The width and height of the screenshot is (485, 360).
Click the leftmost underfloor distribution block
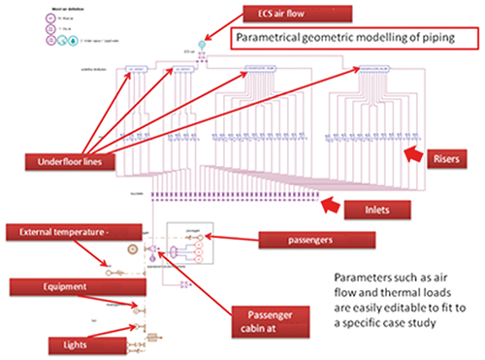click(x=133, y=70)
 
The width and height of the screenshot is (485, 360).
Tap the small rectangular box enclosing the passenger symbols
click(x=190, y=247)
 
